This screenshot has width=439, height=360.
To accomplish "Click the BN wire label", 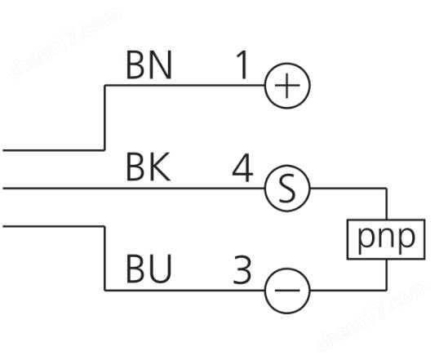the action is click(149, 65).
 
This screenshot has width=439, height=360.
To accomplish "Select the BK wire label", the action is click(149, 167).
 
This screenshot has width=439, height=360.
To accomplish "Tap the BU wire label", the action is click(149, 269).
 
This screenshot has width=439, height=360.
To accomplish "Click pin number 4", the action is click(242, 167).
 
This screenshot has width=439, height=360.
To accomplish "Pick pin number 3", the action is click(242, 269).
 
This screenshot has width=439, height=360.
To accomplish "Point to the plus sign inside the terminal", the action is click(287, 86).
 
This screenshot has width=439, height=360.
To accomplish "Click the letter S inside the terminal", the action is click(287, 189).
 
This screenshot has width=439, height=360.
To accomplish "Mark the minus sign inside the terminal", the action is click(287, 291).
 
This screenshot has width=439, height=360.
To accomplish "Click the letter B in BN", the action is click(135, 65).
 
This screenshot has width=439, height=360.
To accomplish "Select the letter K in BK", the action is click(160, 167).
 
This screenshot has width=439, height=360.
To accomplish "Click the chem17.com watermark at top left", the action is click(65, 42).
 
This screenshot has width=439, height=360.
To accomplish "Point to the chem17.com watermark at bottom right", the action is click(374, 315).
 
